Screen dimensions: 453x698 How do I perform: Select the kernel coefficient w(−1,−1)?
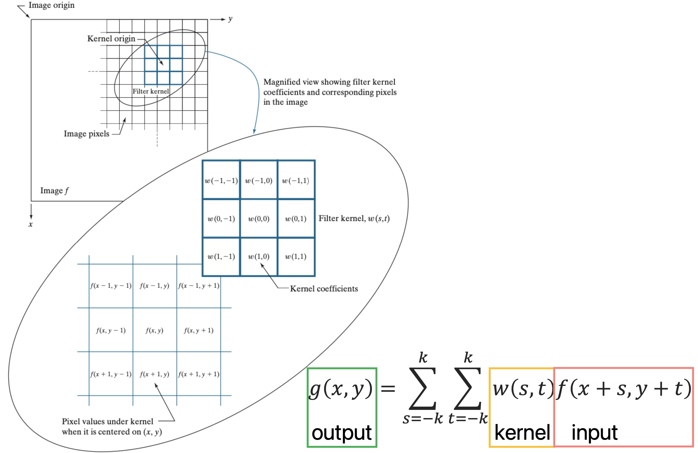point(221,181)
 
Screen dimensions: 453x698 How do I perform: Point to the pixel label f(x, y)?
point(154,330)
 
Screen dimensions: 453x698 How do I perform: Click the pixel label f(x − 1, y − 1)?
point(110,286)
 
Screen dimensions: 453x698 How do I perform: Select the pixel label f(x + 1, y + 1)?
point(198,374)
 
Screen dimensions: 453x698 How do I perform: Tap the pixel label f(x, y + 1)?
point(198,330)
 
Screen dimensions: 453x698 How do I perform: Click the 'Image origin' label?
point(51,5)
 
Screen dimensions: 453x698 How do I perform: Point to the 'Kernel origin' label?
point(111,39)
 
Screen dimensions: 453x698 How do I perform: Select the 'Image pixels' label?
point(86,134)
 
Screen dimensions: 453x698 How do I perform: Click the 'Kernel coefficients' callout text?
point(324,289)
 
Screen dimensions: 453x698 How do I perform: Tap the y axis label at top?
point(230,19)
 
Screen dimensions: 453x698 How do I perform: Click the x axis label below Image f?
point(31,224)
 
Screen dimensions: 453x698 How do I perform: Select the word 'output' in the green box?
point(342,432)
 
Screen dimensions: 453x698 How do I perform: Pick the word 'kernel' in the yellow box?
point(522,432)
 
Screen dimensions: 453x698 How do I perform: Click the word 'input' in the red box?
point(595,432)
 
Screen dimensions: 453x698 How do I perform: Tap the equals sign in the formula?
point(388,389)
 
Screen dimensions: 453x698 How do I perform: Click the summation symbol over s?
point(422,389)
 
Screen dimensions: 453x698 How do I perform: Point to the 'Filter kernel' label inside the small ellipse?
point(151,91)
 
